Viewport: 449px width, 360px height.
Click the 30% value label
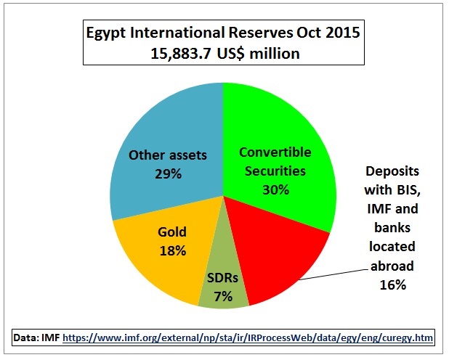pyautogui.click(x=276, y=189)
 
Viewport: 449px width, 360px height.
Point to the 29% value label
pyautogui.click(x=168, y=173)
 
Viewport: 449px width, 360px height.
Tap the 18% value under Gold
pyautogui.click(x=173, y=251)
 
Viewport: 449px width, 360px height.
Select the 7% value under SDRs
pyautogui.click(x=223, y=296)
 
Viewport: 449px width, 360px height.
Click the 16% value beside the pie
pyautogui.click(x=393, y=285)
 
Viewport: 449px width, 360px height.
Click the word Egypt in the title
pyautogui.click(x=105, y=33)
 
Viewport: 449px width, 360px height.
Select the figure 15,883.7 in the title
pyautogui.click(x=182, y=54)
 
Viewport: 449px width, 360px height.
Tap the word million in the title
pyautogui.click(x=275, y=54)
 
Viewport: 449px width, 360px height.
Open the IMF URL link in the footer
pyautogui.click(x=248, y=338)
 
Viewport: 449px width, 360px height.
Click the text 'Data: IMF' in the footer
pyautogui.click(x=36, y=337)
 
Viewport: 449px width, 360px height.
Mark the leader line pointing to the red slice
pyautogui.click(x=333, y=274)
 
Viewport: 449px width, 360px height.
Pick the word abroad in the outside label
pyautogui.click(x=392, y=266)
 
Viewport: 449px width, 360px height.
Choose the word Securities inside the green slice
pyautogui.click(x=275, y=171)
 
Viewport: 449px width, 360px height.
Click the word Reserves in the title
pyautogui.click(x=261, y=33)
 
